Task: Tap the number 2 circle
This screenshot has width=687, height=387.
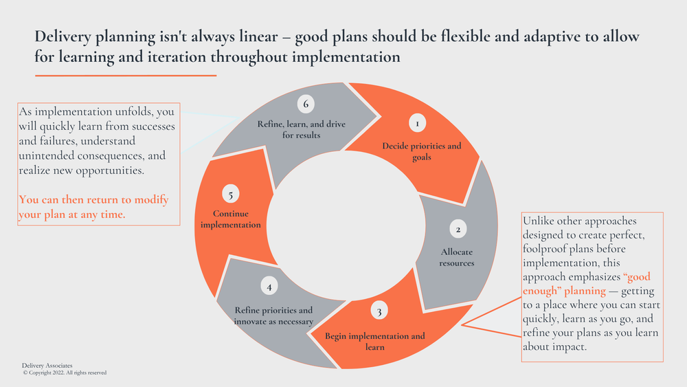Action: [x=458, y=229]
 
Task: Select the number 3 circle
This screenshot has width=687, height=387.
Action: [x=379, y=312]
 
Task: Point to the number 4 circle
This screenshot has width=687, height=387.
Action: [x=270, y=287]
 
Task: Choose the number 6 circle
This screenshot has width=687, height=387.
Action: [x=306, y=104]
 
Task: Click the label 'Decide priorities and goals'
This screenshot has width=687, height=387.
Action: [x=422, y=151]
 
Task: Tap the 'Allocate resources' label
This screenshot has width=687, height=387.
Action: [x=457, y=258]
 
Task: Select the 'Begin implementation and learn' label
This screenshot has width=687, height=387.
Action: [x=375, y=342]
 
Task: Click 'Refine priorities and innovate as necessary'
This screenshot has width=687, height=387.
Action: [x=273, y=316]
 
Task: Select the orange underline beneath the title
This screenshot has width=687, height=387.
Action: [x=126, y=75]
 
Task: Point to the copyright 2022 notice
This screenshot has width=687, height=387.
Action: [x=65, y=373]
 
